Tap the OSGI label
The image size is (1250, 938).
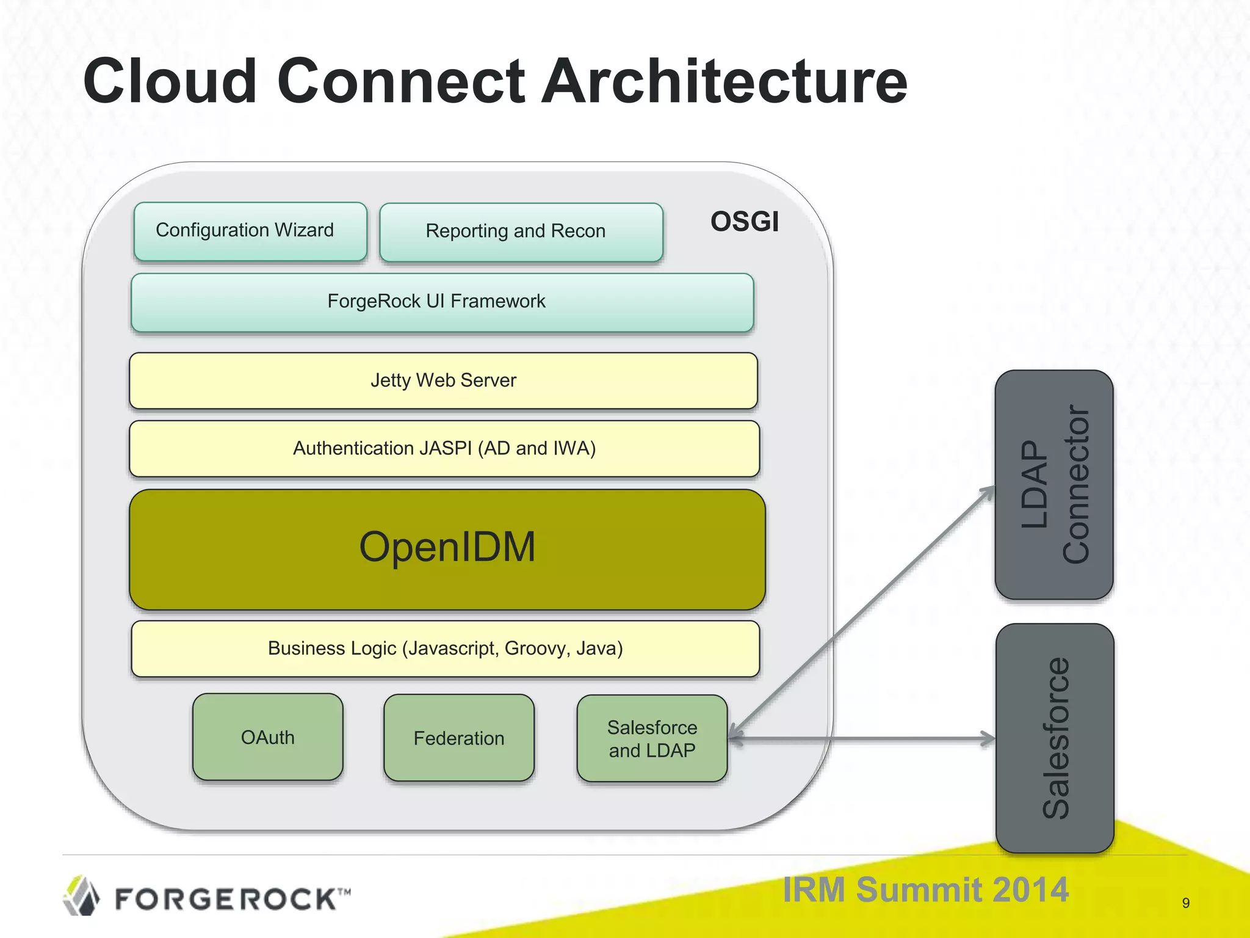[744, 222]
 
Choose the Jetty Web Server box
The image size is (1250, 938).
[443, 380]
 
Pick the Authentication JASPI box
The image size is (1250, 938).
[444, 449]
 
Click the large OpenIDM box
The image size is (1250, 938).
[447, 549]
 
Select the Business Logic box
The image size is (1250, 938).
[445, 649]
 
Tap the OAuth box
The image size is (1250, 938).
[267, 737]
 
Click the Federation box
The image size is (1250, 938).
[459, 738]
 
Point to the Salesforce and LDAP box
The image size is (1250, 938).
[651, 738]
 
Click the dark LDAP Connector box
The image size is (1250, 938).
[1053, 484]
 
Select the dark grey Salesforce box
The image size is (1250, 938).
[1055, 738]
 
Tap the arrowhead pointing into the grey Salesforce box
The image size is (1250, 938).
[988, 738]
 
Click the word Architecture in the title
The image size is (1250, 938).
[724, 81]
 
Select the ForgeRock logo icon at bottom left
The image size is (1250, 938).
[81, 896]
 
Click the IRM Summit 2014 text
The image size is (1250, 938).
[925, 889]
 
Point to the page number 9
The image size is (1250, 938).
[1185, 903]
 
